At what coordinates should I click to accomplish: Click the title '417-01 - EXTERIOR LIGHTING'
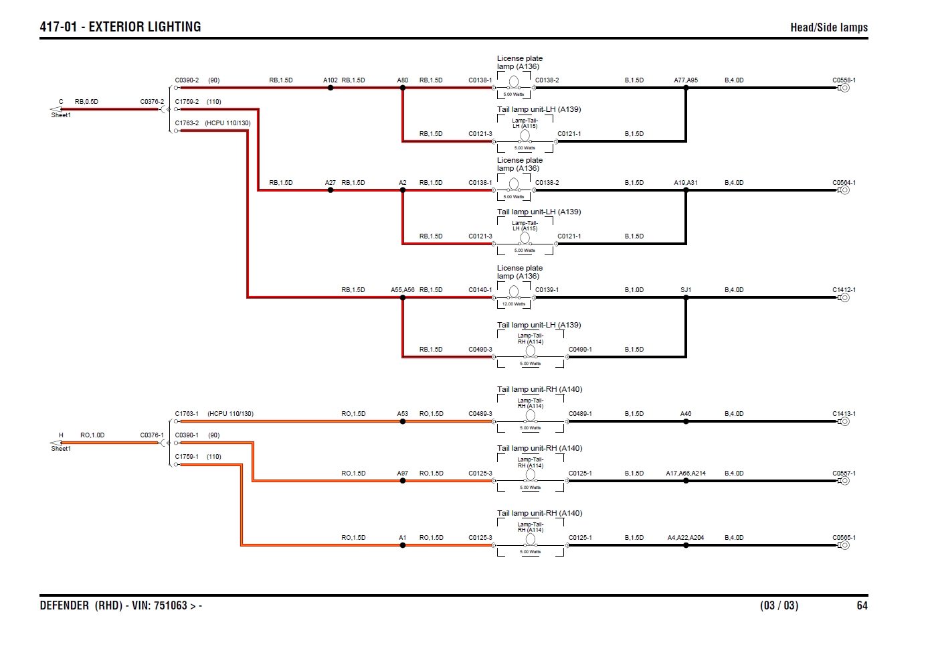(x=120, y=27)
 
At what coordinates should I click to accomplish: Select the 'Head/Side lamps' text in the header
(x=828, y=27)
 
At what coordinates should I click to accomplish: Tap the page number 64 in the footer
(x=862, y=605)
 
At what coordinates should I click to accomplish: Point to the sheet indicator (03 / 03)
(x=779, y=605)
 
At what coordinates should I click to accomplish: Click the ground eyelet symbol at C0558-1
(x=844, y=88)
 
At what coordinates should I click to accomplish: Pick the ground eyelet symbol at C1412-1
(x=844, y=297)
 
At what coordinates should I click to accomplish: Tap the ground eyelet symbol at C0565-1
(x=844, y=545)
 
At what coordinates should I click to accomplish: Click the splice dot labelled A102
(x=331, y=88)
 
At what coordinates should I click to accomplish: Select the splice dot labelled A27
(x=331, y=190)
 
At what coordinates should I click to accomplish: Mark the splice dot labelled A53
(x=403, y=421)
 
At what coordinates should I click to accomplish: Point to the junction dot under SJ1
(x=686, y=297)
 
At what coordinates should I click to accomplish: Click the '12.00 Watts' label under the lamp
(x=514, y=304)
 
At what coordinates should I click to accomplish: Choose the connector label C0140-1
(x=480, y=290)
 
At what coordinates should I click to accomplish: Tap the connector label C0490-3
(x=480, y=350)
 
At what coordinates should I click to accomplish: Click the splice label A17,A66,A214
(x=685, y=474)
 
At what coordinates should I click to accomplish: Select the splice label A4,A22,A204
(x=685, y=538)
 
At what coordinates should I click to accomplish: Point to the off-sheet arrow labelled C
(x=56, y=108)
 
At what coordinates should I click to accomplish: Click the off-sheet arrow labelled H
(x=56, y=442)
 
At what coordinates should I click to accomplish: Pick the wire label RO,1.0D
(x=92, y=435)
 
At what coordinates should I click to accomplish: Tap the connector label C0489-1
(x=580, y=414)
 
